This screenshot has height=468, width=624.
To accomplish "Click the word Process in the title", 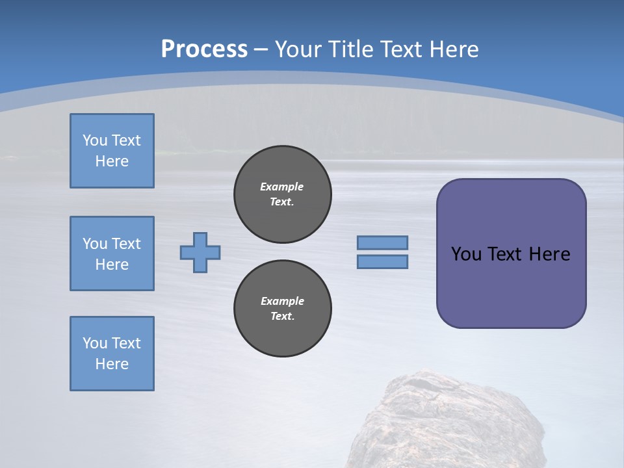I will (204, 49).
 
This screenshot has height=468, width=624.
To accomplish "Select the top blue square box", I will (112, 151).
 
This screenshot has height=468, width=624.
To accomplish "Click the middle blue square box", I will (112, 253).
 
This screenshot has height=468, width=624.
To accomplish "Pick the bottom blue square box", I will (112, 354).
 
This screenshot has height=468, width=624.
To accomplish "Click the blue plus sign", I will (200, 252).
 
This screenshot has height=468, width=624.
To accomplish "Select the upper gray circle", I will (283, 194).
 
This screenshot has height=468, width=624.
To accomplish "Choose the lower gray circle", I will (283, 309).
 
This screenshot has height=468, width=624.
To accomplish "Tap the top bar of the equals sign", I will (382, 242).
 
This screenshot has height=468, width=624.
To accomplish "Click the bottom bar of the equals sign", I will (382, 262).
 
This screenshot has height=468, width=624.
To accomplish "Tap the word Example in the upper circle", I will (281, 187).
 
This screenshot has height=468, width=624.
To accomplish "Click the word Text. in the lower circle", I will (282, 317).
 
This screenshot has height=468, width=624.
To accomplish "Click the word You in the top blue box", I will (94, 140).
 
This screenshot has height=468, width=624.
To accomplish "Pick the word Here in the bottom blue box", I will (112, 364).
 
